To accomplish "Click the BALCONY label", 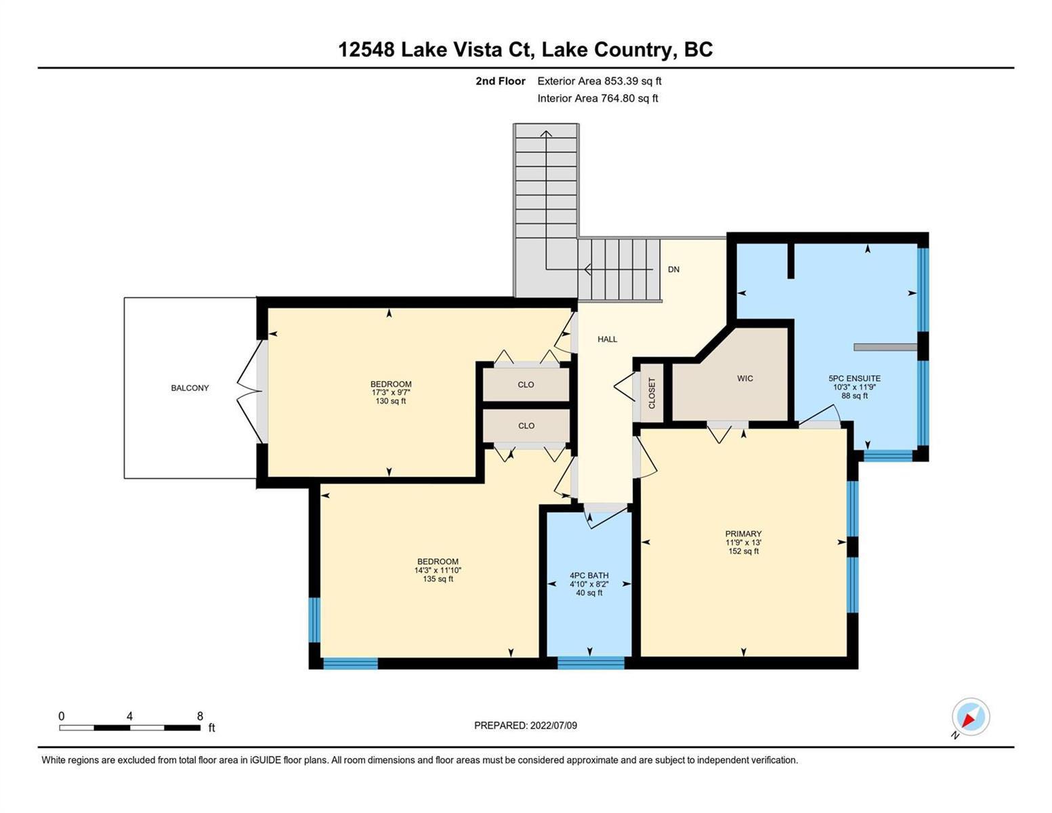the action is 190,388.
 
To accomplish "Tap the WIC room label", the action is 744,378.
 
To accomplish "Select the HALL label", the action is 607,339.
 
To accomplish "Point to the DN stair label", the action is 673,269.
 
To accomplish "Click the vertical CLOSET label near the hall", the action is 652,393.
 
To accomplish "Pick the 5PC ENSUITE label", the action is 854,378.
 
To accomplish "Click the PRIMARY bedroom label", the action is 743,534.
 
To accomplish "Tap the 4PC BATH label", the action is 589,575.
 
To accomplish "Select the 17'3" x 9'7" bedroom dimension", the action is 391,393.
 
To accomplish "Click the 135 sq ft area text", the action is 438,579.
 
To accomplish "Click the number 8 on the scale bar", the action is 200,715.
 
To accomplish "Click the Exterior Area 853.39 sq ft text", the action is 599,81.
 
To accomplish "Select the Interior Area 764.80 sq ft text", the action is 597,98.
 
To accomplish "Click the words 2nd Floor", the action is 500,81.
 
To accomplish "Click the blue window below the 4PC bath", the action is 591,663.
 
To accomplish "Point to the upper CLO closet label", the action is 526,384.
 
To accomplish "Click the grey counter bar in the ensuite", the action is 885,347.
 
